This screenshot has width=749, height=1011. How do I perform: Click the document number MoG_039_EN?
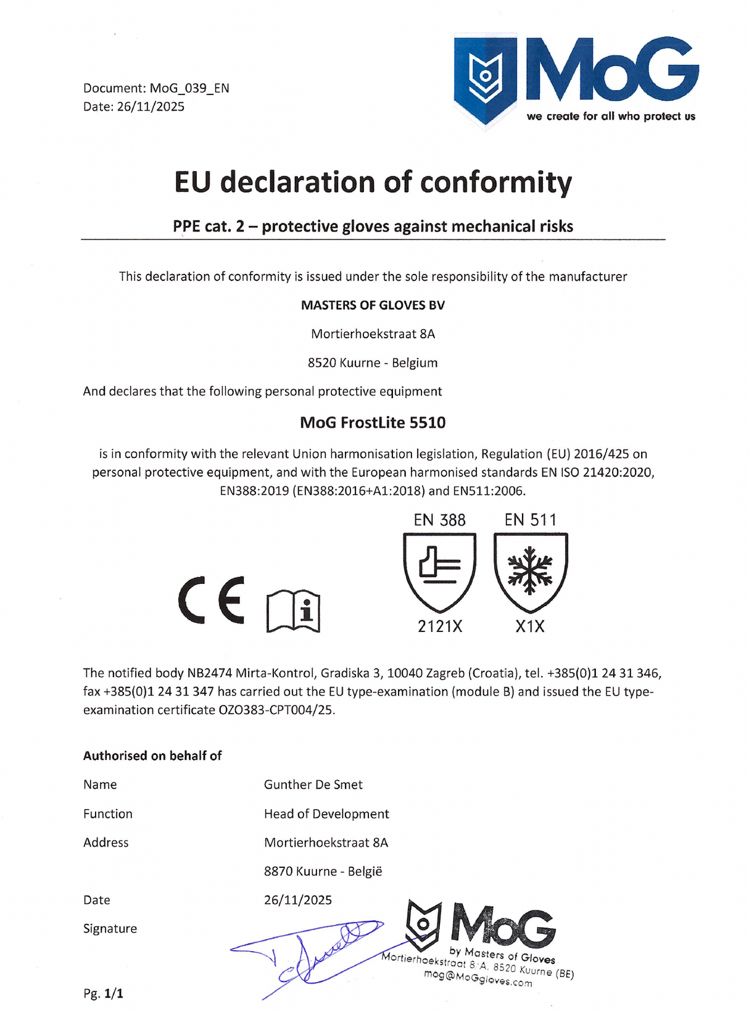189,88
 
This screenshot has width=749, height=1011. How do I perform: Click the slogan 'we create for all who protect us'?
611,116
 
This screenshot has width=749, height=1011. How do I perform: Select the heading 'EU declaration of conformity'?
373,183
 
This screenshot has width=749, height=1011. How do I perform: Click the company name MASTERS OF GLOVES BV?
373,305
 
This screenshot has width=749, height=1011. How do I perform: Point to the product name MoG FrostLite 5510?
373,423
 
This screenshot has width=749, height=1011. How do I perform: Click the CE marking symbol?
211,600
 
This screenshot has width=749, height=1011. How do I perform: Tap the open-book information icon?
293,611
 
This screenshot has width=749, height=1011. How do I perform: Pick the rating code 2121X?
440,626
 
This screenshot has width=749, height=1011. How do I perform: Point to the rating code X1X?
530,626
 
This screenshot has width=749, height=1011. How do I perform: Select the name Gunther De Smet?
313,784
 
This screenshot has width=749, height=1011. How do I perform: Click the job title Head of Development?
326,813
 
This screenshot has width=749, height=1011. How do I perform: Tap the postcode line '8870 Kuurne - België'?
323,872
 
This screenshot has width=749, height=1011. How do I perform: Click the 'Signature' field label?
110,928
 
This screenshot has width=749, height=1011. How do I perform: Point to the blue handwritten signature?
308,954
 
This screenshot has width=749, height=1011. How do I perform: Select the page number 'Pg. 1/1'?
103,994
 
